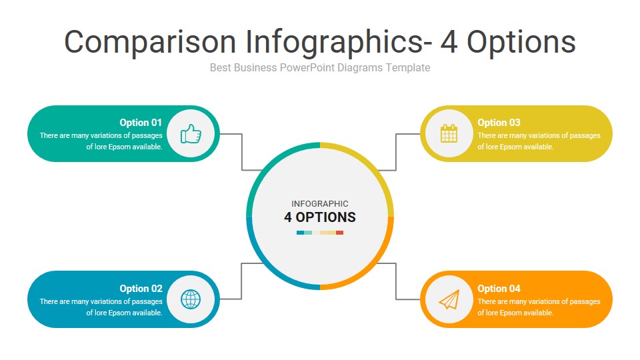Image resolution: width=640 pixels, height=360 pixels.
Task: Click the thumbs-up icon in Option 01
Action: [191, 134]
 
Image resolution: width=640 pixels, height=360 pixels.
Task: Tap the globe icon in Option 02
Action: [191, 299]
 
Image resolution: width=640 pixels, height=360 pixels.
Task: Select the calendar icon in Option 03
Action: [449, 134]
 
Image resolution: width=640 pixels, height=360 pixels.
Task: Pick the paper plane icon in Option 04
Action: [449, 299]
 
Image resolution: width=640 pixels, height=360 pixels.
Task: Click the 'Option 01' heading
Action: [141, 123]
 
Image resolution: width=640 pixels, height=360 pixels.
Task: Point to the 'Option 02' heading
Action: [141, 289]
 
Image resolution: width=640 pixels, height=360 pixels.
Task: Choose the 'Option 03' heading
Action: [499, 123]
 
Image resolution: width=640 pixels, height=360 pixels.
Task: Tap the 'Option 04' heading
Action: [499, 289]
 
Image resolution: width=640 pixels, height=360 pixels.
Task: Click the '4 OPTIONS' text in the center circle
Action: [320, 217]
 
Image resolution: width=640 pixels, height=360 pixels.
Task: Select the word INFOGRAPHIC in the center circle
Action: [320, 204]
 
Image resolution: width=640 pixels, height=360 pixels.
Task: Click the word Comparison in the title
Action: [150, 42]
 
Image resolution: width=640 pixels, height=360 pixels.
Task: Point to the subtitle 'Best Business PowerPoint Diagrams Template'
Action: [320, 67]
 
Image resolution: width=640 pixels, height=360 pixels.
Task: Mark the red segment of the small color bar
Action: [340, 233]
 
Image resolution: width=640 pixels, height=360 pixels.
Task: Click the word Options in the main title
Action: [521, 42]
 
